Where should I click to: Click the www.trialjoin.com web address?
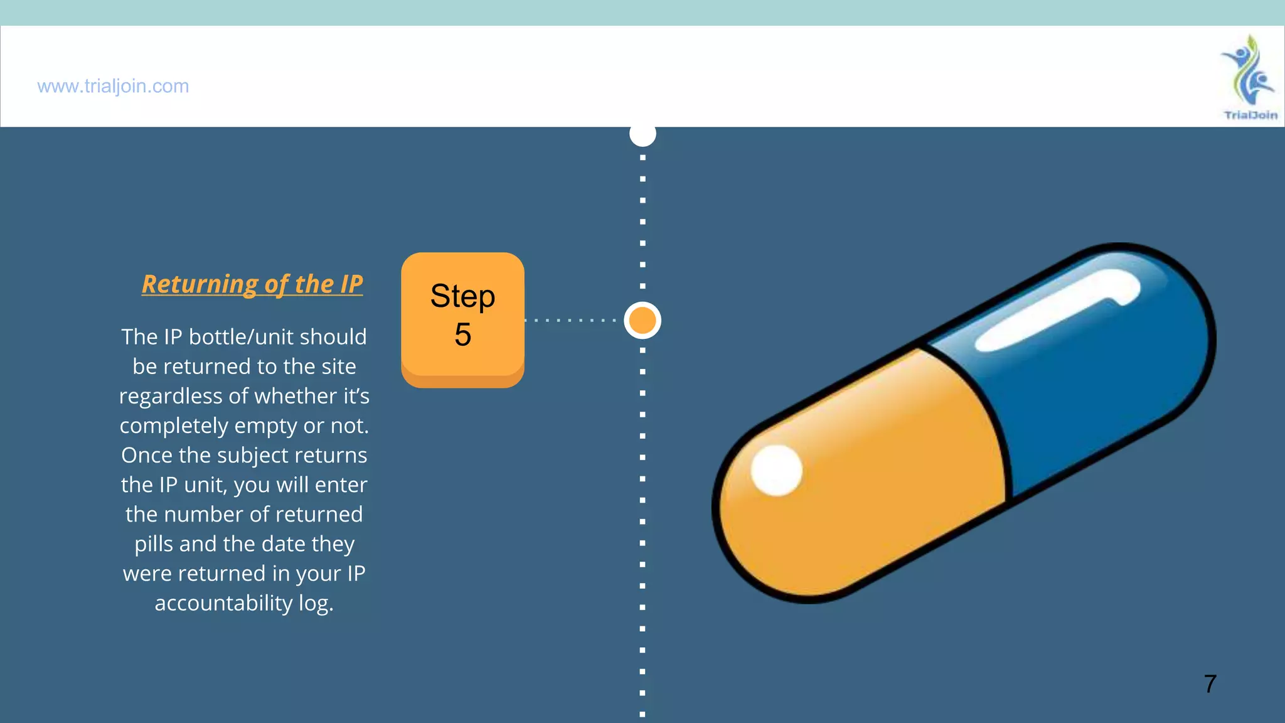[113, 86]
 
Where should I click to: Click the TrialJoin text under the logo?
[1250, 115]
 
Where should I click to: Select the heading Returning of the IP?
[252, 284]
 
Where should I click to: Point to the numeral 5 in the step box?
[463, 335]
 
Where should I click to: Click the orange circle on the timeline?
[642, 320]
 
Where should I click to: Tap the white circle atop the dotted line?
[642, 134]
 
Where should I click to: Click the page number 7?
[1210, 683]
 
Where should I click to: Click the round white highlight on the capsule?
[777, 470]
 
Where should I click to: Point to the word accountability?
[223, 603]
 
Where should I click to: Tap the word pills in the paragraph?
[154, 544]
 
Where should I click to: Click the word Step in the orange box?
[462, 296]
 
